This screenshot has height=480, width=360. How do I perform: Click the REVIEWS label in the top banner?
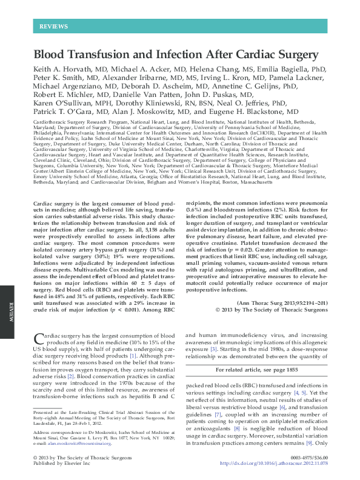[x=53, y=27]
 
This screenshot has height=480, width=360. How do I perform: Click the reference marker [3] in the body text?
[x=213, y=350]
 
